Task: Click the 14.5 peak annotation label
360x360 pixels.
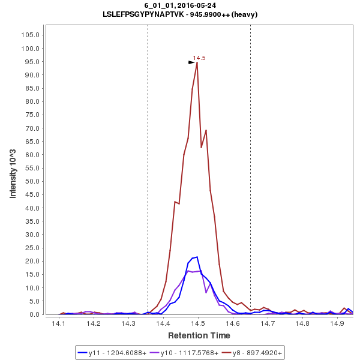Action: [x=199, y=58]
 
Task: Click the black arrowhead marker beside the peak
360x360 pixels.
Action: [x=191, y=62]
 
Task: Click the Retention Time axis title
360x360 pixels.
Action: [x=199, y=335]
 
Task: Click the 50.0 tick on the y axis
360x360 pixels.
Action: [x=32, y=181]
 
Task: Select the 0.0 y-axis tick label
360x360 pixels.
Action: [x=34, y=314]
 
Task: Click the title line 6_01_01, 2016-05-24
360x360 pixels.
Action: [x=180, y=5]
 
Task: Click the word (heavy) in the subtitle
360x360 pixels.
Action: [x=244, y=14]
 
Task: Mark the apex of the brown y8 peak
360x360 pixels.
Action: [x=197, y=62]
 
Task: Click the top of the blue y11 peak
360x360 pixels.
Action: [x=196, y=257]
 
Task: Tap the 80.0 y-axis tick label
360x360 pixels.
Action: [x=32, y=101]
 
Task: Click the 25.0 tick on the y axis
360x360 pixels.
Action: [x=32, y=248]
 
